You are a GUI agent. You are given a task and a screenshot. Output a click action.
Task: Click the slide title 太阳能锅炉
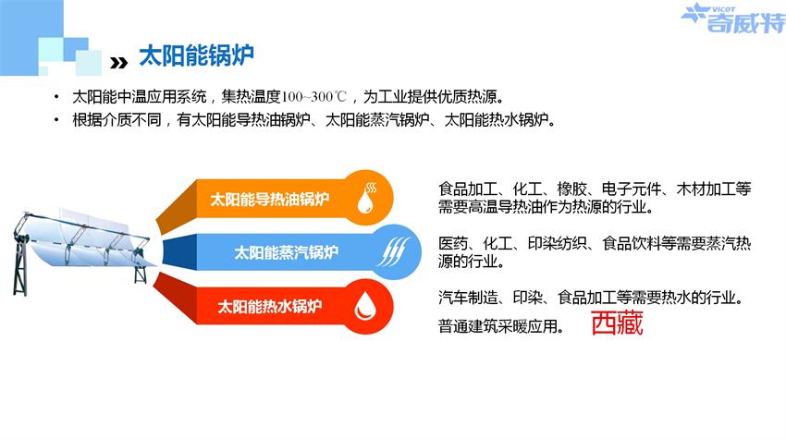tap(196, 55)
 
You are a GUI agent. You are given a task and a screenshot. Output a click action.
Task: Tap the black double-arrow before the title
tap(118, 63)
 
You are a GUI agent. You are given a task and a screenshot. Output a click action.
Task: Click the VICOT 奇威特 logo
tap(733, 18)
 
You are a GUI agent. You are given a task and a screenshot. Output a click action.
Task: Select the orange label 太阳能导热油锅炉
tap(270, 200)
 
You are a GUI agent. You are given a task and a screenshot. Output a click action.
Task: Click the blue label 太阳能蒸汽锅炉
tap(287, 252)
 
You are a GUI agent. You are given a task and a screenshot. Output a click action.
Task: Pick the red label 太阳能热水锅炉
tap(270, 306)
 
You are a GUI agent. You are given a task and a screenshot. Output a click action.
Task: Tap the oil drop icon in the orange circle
tap(366, 198)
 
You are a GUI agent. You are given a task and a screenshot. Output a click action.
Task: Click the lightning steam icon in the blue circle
tap(393, 251)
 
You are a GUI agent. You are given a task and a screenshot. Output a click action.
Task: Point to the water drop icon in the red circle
tap(365, 306)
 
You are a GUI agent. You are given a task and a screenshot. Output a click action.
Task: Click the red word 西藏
tap(617, 323)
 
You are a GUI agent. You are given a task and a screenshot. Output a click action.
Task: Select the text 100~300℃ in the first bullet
tap(313, 96)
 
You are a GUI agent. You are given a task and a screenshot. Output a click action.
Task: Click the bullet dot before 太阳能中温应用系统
tap(56, 96)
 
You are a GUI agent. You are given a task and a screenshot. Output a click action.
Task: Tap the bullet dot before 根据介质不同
tap(56, 120)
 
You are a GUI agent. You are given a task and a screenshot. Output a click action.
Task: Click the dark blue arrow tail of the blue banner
tap(179, 252)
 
